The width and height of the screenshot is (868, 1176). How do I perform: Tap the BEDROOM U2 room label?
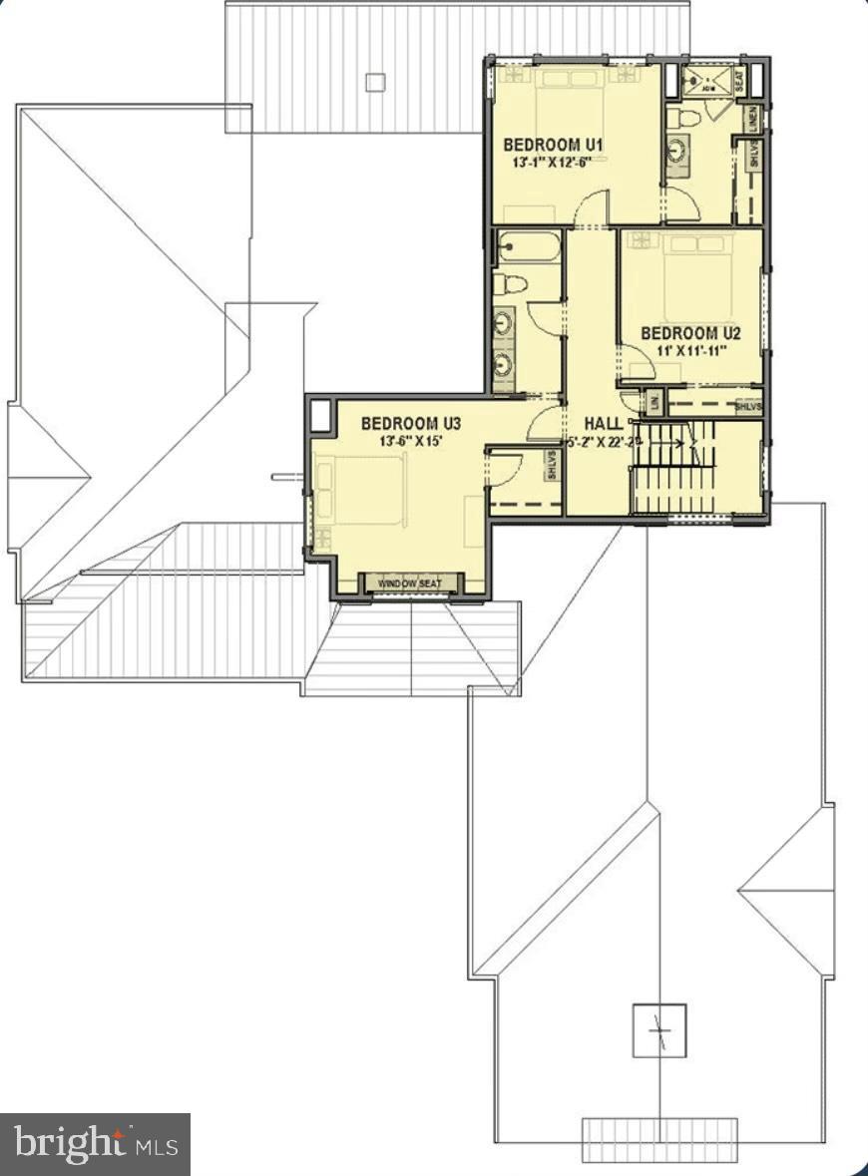pos(690,333)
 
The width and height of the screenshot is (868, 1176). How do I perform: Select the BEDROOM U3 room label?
pos(411,423)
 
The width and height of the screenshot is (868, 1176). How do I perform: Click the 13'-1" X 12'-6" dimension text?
pos(546,162)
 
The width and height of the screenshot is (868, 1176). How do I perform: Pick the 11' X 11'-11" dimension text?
pos(690,350)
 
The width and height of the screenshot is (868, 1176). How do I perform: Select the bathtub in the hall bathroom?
pos(528,245)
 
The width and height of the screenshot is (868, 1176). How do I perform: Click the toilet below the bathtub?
pos(510,283)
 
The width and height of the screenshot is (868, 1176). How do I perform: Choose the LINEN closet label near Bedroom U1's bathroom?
pos(752,120)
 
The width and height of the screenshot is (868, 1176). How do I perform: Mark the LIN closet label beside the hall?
pos(653,402)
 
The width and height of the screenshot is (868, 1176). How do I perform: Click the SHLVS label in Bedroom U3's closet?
pos(552,466)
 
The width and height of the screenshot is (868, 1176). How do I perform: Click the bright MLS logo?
pos(95,1143)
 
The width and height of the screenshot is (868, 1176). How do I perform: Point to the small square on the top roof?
pos(375,82)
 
